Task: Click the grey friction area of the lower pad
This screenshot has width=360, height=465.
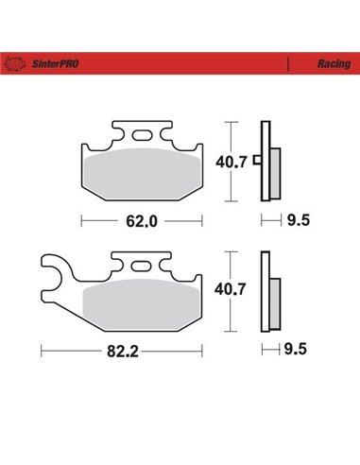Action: tap(143, 302)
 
